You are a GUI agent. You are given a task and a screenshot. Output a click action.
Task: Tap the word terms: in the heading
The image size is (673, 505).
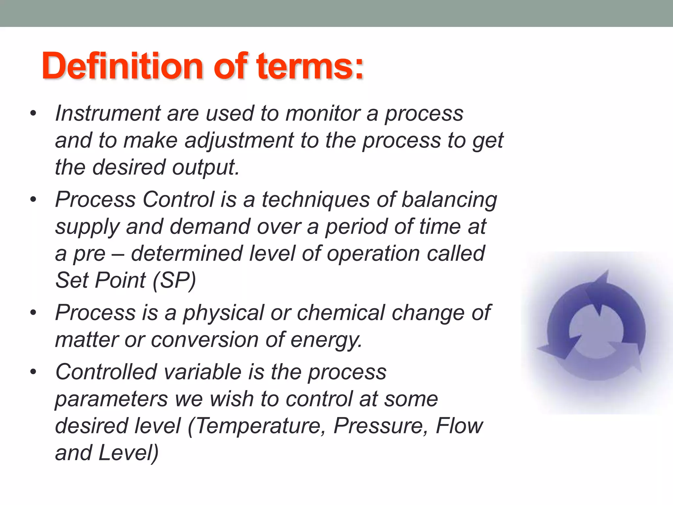310,67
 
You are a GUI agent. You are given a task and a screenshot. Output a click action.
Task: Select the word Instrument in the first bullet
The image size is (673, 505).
108,113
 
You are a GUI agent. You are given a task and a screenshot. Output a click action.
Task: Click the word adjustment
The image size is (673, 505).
239,141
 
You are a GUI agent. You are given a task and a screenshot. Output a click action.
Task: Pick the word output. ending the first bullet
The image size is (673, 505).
206,167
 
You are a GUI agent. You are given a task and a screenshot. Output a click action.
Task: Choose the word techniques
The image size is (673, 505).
316,200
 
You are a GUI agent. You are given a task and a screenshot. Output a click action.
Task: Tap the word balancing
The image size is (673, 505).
449,200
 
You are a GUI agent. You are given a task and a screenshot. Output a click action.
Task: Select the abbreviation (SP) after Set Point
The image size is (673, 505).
174,280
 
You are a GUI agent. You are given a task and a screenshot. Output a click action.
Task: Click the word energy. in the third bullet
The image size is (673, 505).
326,340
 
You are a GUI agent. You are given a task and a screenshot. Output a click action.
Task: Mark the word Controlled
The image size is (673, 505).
106,372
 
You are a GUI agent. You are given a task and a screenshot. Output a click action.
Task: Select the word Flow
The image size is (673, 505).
459,426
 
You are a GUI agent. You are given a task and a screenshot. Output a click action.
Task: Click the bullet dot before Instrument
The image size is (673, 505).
33,113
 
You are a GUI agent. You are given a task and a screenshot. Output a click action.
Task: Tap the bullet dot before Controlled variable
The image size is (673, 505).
33,372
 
